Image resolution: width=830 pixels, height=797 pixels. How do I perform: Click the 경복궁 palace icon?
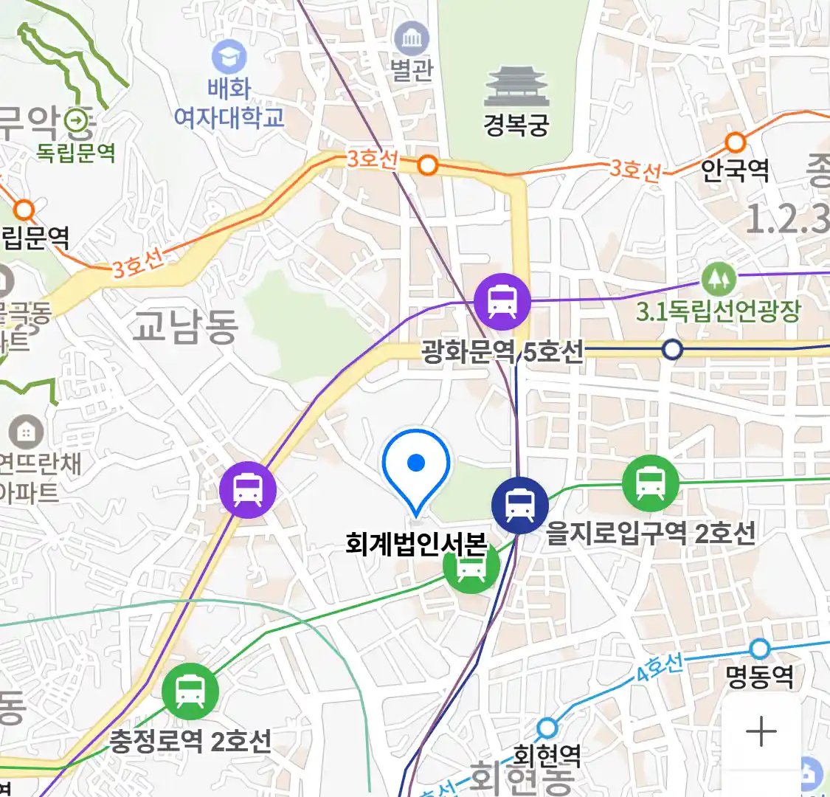[x=516, y=86]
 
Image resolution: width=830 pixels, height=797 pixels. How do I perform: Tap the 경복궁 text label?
[x=516, y=124]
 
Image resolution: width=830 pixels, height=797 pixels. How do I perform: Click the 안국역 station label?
[x=735, y=170]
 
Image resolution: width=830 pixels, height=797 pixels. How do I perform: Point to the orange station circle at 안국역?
[x=736, y=142]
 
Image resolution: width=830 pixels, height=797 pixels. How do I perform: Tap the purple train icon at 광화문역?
[x=502, y=301]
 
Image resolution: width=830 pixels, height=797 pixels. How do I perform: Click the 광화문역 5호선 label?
[x=502, y=351]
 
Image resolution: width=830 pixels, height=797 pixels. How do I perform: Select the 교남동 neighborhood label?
[x=185, y=326]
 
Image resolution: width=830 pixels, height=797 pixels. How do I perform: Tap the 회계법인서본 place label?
[x=416, y=545]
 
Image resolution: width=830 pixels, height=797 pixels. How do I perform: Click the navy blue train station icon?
[x=520, y=505]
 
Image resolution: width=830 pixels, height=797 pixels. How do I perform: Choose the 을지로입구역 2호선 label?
[x=651, y=532]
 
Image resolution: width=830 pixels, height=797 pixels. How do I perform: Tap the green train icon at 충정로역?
[x=190, y=691]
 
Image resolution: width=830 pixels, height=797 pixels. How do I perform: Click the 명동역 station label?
[x=759, y=676]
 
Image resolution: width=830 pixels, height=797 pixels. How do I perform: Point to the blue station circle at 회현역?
[x=547, y=728]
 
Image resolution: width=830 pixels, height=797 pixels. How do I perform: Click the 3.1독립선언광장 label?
[x=718, y=311]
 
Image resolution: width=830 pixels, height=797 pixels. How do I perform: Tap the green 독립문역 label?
[x=76, y=153]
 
